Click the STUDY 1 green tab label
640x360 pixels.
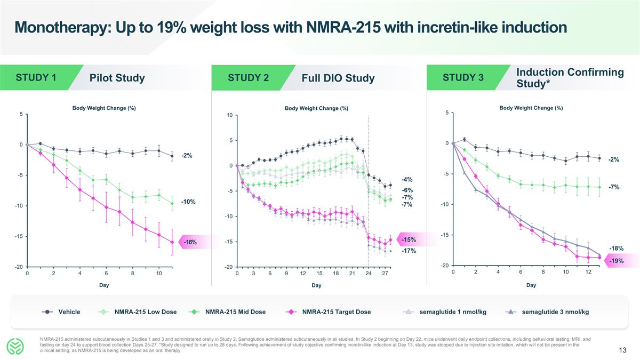click(x=36, y=77)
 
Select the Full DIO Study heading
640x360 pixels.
click(x=338, y=78)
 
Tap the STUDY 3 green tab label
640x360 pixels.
click(x=463, y=77)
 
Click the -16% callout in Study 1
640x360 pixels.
click(x=190, y=243)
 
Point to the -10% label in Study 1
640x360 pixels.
click(x=188, y=202)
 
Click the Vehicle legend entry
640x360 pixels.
click(x=69, y=312)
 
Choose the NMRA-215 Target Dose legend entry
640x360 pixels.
click(x=336, y=312)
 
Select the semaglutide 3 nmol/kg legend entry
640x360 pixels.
click(x=555, y=312)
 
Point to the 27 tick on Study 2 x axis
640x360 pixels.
click(x=385, y=274)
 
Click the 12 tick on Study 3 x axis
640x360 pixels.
click(x=588, y=272)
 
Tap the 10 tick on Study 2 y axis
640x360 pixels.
click(x=229, y=115)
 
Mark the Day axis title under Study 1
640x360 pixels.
click(x=104, y=285)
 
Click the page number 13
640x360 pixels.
click(x=622, y=350)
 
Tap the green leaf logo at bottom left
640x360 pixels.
click(x=17, y=347)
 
